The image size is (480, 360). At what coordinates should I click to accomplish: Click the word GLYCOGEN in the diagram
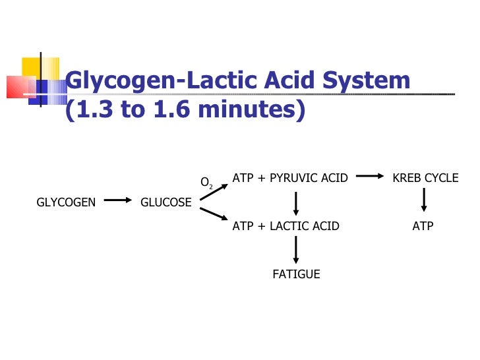pyautogui.click(x=66, y=202)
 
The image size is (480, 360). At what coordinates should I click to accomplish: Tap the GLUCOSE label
pyautogui.click(x=166, y=202)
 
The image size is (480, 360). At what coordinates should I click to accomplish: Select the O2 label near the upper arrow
pyautogui.click(x=206, y=183)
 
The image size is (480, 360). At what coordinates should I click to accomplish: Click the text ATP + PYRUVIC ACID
pyautogui.click(x=290, y=178)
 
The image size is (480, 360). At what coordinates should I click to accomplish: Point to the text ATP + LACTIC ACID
pyautogui.click(x=286, y=226)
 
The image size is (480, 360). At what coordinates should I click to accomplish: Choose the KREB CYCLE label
pyautogui.click(x=425, y=178)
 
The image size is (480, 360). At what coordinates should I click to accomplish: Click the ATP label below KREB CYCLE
pyautogui.click(x=423, y=226)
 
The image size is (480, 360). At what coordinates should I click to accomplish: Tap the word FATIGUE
pyautogui.click(x=296, y=274)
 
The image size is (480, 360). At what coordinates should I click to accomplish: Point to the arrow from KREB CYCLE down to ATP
pyautogui.click(x=423, y=200)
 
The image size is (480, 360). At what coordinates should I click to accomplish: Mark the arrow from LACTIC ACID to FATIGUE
pyautogui.click(x=296, y=250)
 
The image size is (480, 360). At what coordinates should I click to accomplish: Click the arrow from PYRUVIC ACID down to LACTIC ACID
pyautogui.click(x=296, y=202)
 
